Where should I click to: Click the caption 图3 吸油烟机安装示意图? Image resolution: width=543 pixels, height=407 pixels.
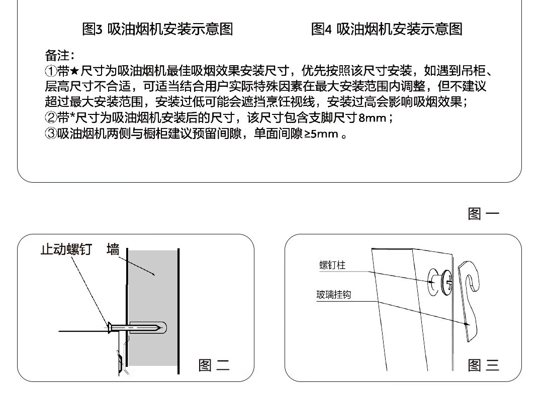157,29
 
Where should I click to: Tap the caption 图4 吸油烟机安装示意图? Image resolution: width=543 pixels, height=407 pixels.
386,29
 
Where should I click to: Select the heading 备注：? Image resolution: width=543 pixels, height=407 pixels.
60,55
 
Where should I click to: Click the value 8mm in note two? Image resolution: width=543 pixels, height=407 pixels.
372,118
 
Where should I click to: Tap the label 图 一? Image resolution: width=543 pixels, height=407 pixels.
483,214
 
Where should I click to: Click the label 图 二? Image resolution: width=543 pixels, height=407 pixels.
214,365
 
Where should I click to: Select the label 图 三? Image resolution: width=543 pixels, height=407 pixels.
483,365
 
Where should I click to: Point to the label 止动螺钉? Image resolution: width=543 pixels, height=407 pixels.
66,249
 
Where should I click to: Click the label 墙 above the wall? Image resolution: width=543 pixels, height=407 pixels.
113,249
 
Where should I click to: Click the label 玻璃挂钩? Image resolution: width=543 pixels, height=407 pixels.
333,295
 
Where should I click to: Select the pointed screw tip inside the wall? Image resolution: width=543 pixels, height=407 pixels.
162,329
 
